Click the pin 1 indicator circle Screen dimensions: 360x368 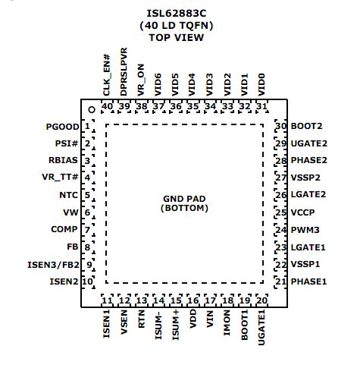point(92,110)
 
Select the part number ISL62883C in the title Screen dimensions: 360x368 point(177,14)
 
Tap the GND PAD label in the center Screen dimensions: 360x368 point(184,199)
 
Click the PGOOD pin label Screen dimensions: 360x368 point(62,127)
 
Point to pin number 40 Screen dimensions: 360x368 point(107,106)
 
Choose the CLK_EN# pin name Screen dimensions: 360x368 point(107,75)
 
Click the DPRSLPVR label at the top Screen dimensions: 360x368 point(124,72)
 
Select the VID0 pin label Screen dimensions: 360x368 point(261,85)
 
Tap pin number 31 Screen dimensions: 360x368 point(261,106)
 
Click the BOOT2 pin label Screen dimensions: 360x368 point(306,126)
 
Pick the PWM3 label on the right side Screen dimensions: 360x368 point(305,230)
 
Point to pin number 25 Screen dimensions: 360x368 point(280,212)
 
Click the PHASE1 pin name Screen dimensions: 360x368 point(308,282)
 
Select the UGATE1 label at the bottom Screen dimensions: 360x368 point(261,327)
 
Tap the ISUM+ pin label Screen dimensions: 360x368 point(175,325)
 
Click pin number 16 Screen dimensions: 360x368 point(193,300)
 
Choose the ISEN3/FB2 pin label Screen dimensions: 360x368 point(53,265)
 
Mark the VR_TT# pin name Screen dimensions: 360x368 point(60,177)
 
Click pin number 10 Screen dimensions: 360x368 point(87,282)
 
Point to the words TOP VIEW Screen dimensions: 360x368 point(177,38)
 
